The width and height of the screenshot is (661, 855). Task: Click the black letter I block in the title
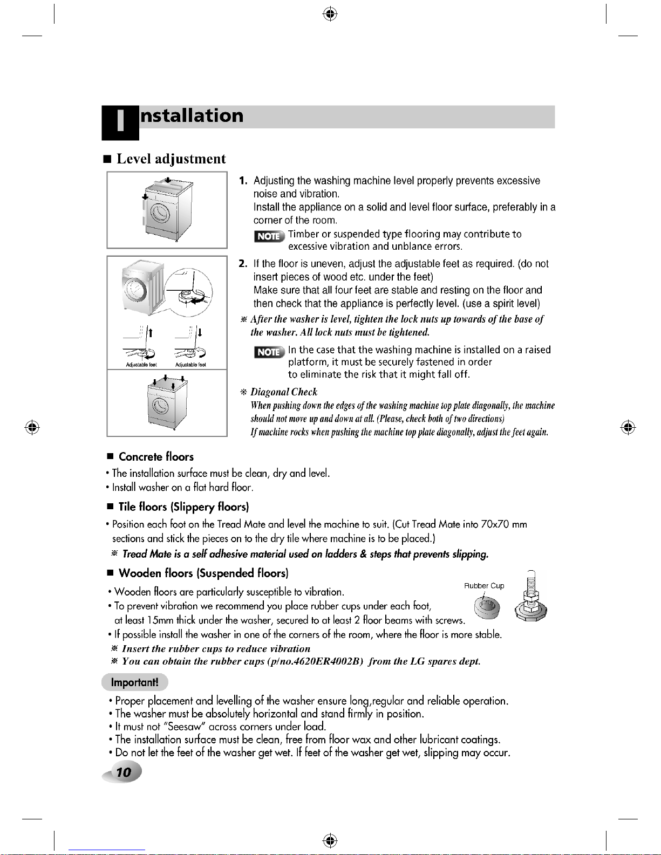[120, 122]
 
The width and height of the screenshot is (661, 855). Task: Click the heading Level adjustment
[171, 159]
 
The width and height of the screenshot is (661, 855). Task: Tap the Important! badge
[134, 682]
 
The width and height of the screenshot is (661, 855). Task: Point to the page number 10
[124, 772]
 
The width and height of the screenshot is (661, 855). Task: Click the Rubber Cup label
[484, 586]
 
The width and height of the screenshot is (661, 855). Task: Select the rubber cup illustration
[486, 607]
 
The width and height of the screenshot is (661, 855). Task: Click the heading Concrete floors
[156, 457]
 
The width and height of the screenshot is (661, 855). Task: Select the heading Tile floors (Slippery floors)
[183, 507]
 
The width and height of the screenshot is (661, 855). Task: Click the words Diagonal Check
[284, 392]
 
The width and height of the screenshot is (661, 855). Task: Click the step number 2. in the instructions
[243, 264]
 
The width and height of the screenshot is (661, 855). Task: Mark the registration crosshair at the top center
[330, 15]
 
